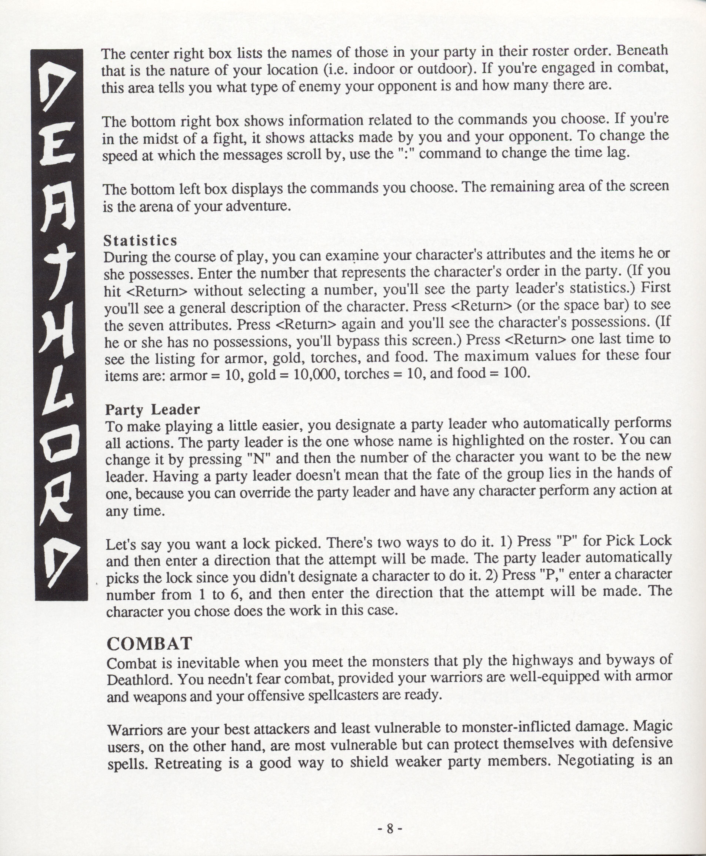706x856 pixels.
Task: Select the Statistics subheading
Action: [140, 241]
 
